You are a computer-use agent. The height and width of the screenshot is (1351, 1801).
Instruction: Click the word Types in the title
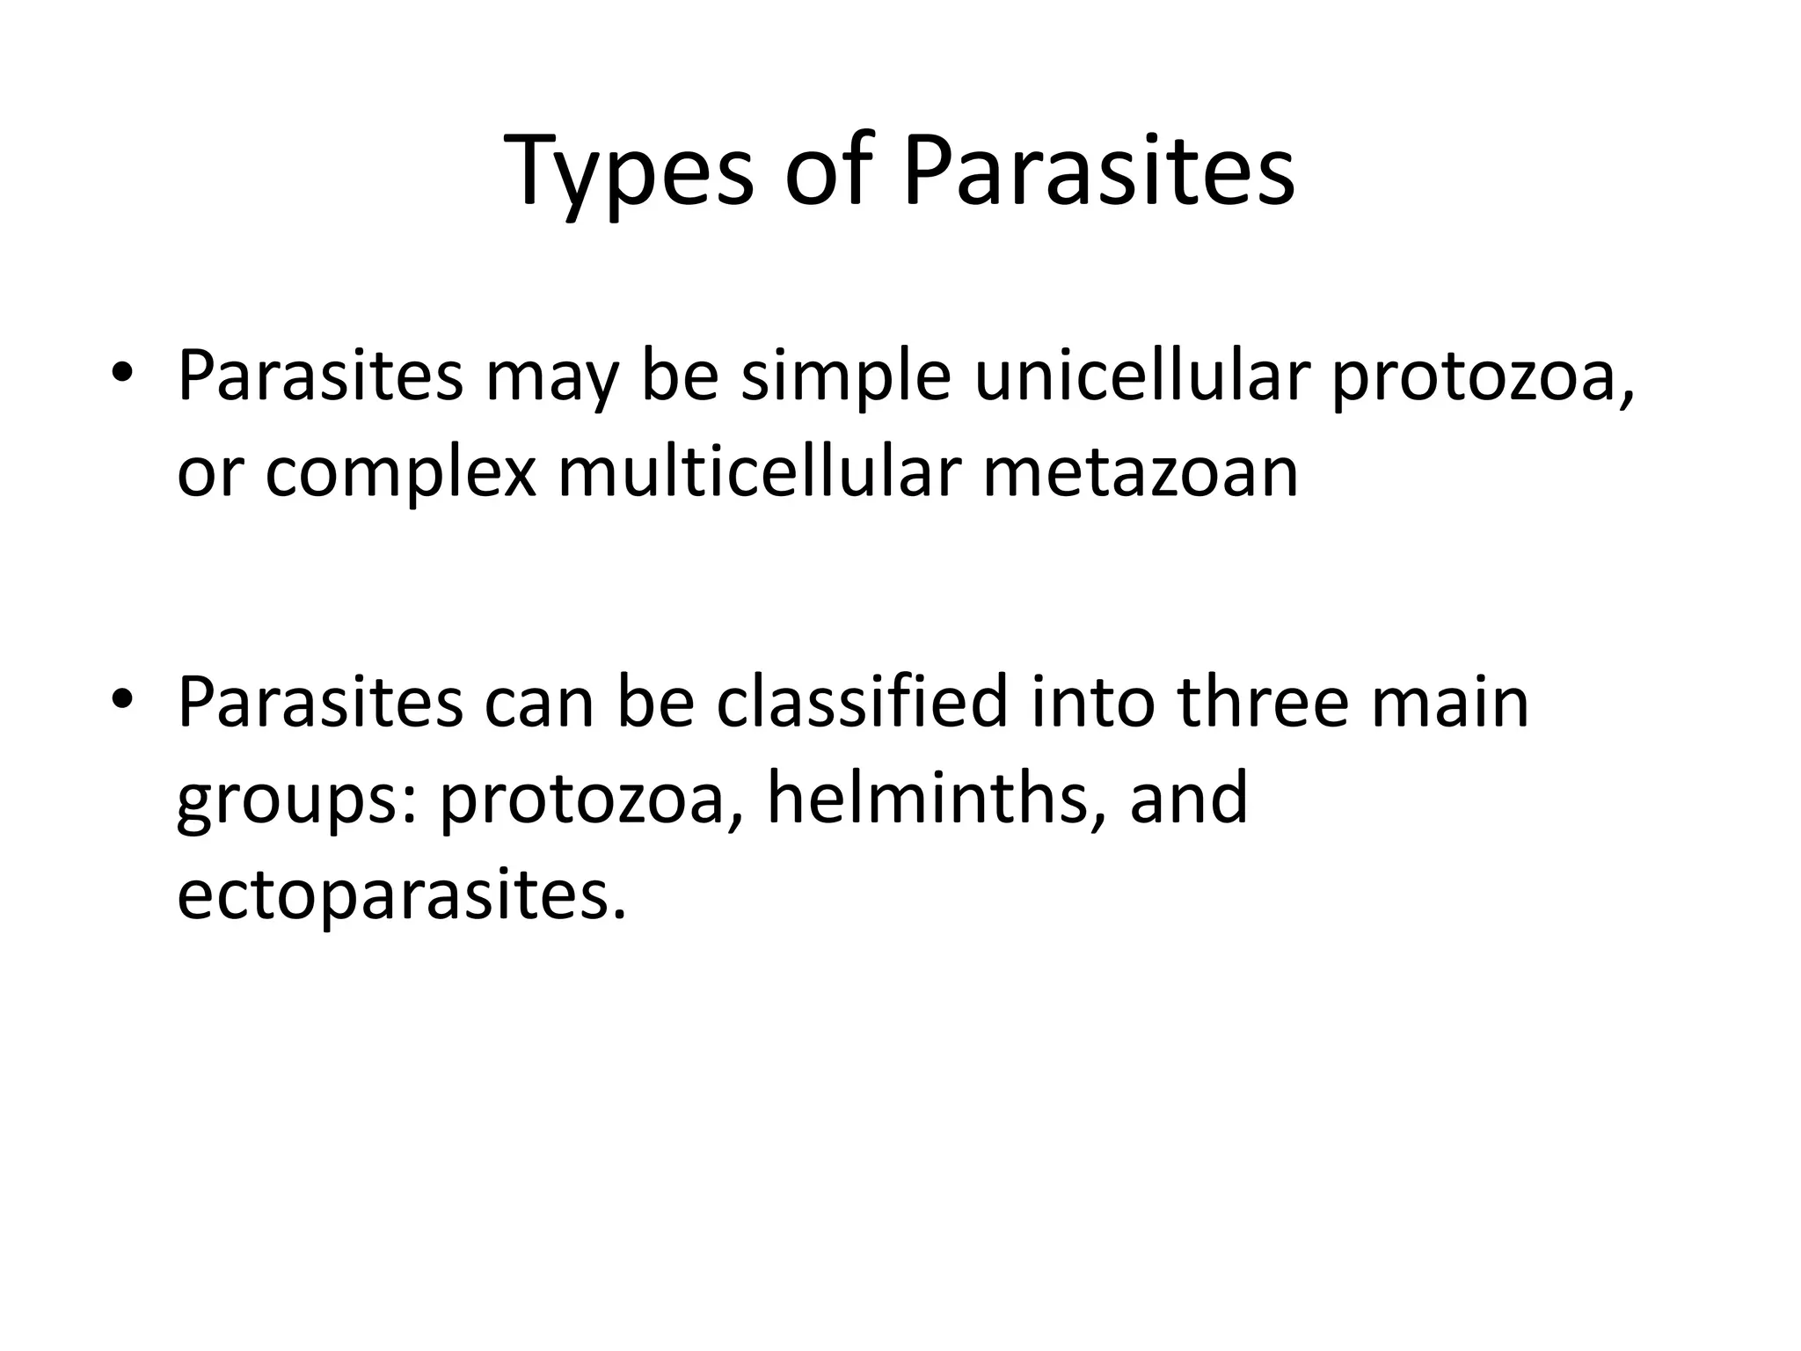pos(630,172)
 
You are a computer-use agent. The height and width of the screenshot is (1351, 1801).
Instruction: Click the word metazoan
pos(1141,472)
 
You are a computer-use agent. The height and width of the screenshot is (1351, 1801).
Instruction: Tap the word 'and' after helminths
pos(1189,798)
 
